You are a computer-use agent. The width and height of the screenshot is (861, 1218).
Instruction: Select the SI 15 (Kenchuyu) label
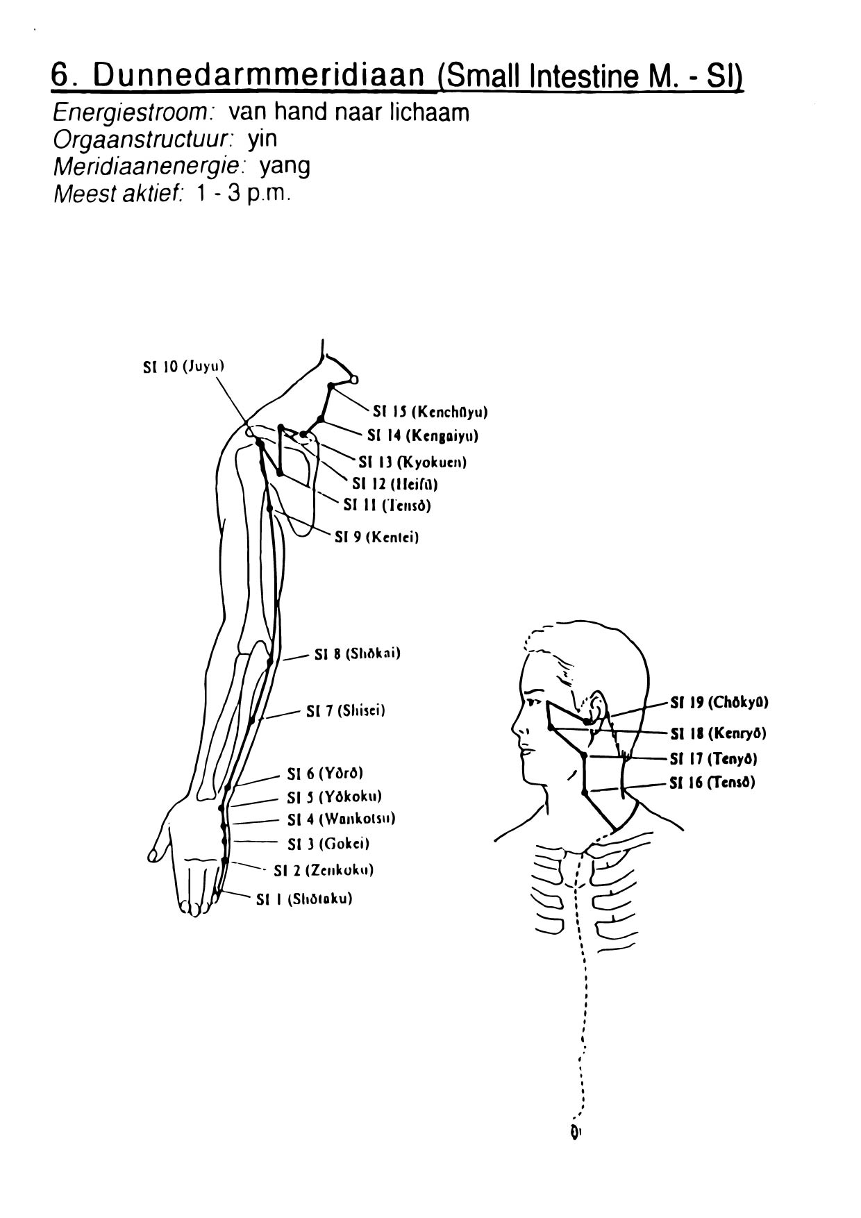click(x=430, y=412)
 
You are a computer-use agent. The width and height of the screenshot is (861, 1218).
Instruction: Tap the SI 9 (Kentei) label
click(x=376, y=537)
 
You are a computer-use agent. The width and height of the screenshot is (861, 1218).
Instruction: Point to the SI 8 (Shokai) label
click(x=357, y=653)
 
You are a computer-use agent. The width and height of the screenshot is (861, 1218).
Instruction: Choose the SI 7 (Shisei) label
click(x=345, y=711)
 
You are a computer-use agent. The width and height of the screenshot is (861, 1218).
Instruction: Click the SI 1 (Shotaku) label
click(x=303, y=899)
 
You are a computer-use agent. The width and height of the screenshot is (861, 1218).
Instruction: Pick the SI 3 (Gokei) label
click(x=328, y=844)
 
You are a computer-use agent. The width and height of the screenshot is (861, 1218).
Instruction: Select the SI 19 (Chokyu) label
click(x=719, y=702)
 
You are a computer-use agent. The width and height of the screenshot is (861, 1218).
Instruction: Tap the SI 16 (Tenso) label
click(x=712, y=783)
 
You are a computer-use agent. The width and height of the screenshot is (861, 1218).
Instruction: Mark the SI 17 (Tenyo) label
click(x=713, y=758)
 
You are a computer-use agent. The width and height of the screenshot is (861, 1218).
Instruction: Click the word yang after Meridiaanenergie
click(x=285, y=167)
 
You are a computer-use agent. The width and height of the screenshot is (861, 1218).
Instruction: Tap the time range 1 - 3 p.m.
click(x=240, y=193)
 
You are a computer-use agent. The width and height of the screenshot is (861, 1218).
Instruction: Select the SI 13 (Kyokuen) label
click(x=412, y=462)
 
